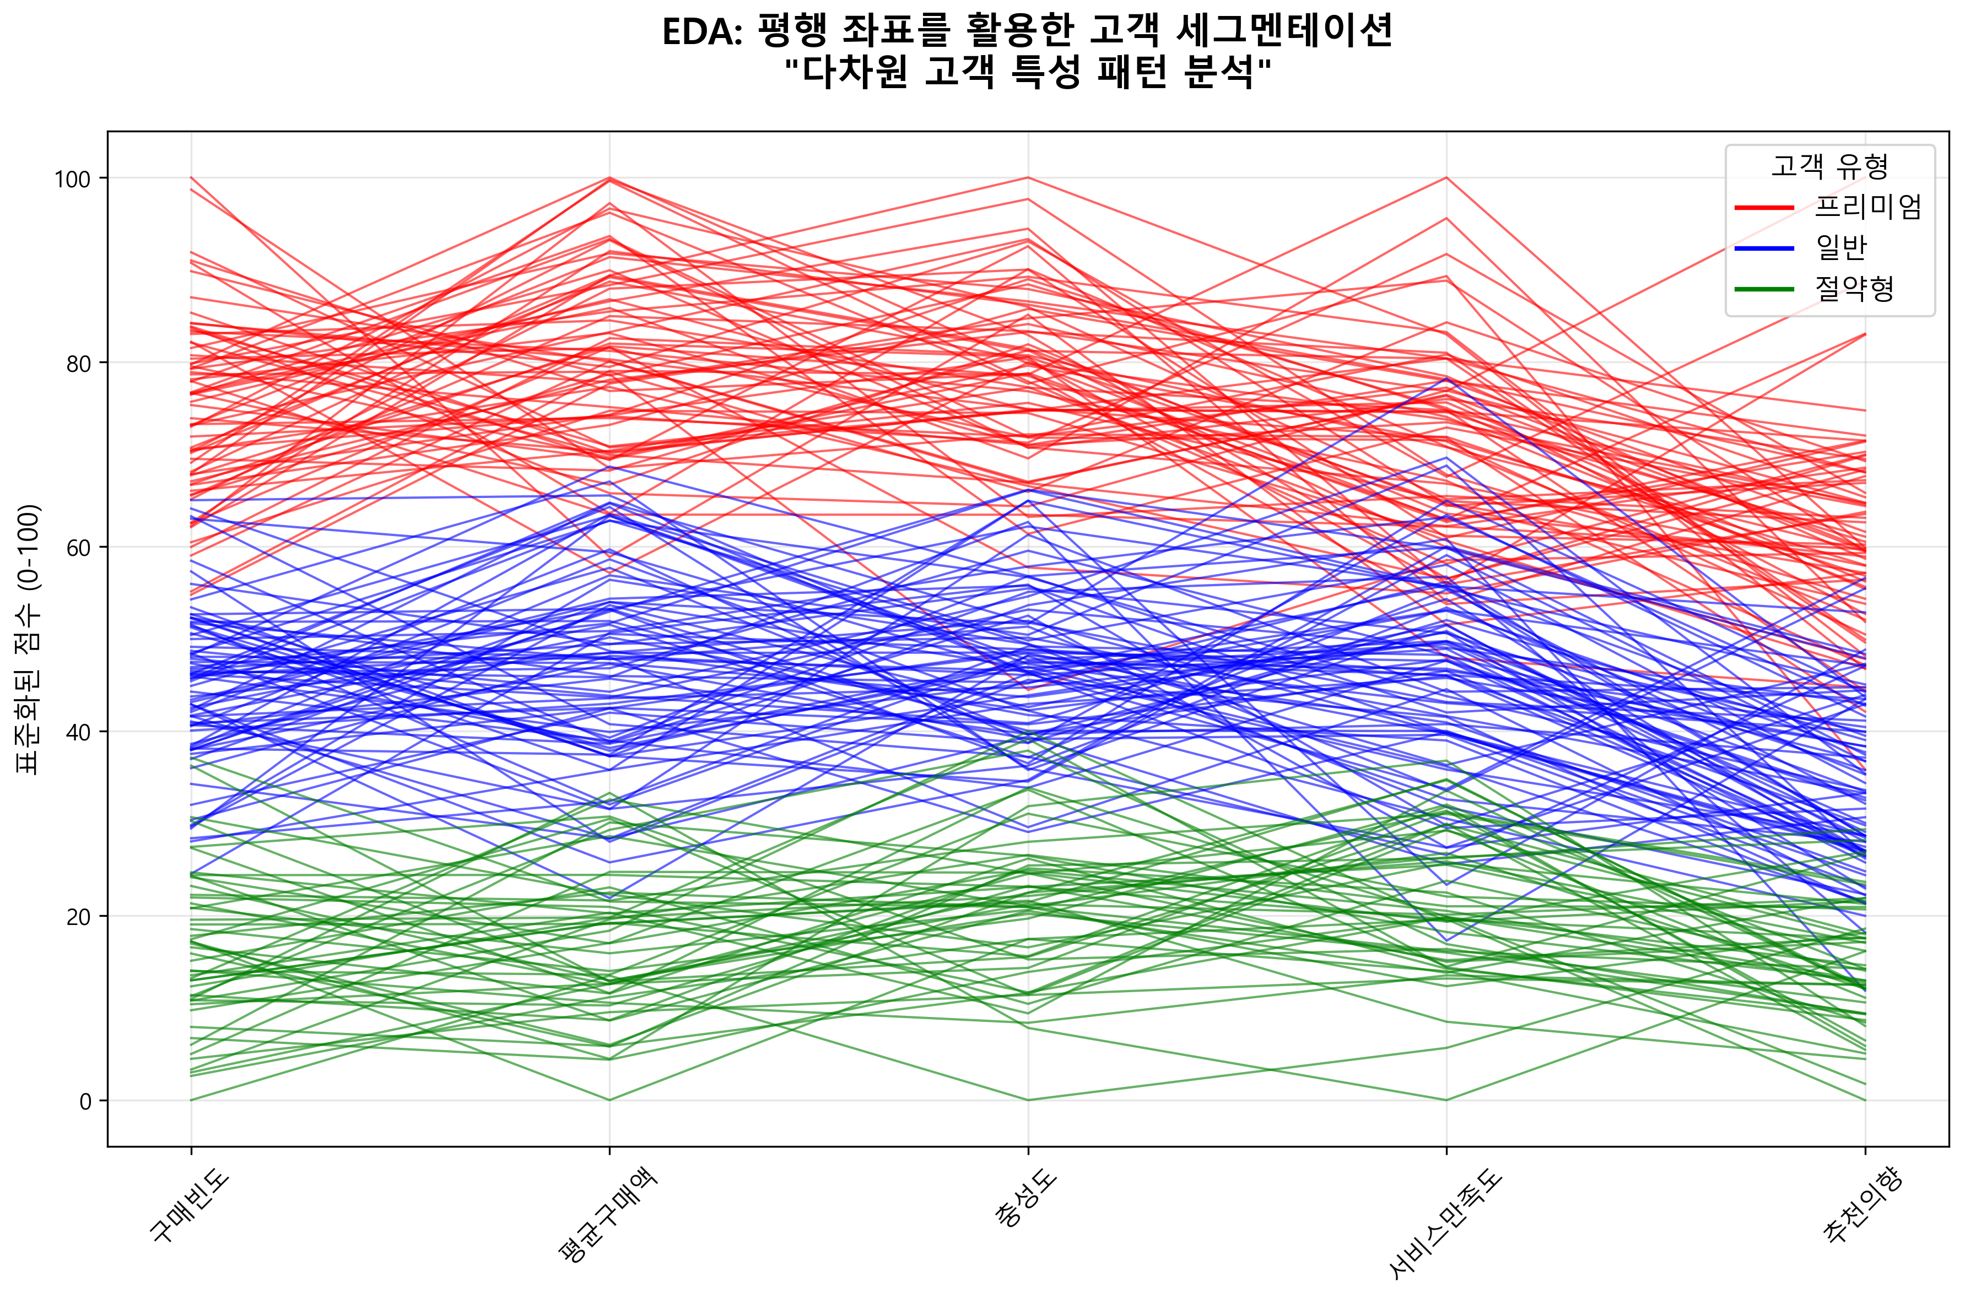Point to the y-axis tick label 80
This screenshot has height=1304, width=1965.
77,364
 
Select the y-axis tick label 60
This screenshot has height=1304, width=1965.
77,548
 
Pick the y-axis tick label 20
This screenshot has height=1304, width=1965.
77,917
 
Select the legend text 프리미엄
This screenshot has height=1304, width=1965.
1867,206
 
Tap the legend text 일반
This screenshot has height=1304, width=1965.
1842,247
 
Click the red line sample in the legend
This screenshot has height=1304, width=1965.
1764,206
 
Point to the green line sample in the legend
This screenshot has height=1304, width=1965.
1764,289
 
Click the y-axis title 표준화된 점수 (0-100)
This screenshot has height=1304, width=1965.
29,639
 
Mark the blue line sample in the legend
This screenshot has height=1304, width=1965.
1764,247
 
